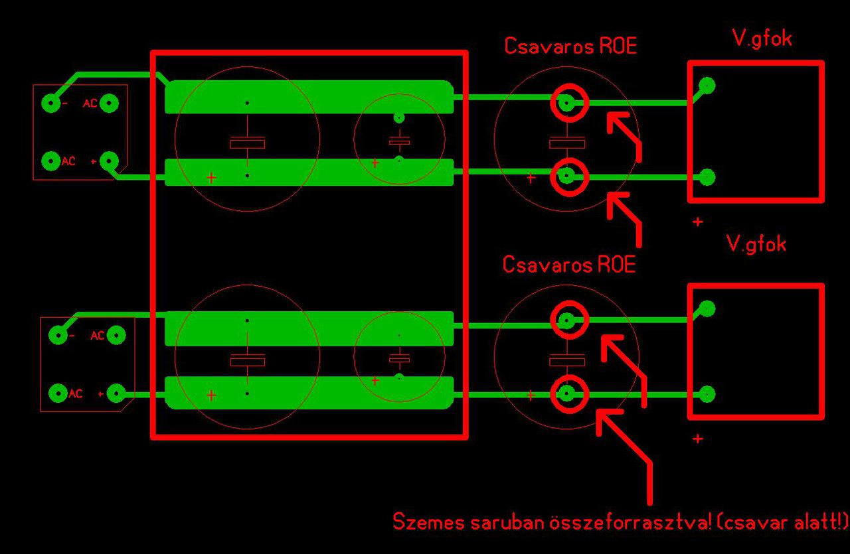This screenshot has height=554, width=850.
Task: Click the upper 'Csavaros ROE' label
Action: (x=570, y=46)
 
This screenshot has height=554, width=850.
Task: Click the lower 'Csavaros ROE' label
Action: (x=569, y=265)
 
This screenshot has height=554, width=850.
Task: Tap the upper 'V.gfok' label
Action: (x=762, y=38)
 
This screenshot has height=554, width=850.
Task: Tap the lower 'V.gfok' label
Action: (x=756, y=244)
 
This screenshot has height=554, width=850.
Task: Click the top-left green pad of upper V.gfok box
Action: (x=707, y=85)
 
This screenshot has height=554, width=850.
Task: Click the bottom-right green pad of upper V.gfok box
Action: (x=707, y=177)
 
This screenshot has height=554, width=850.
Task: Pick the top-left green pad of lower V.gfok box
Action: (x=707, y=309)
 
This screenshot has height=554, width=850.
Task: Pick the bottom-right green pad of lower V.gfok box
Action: (x=707, y=394)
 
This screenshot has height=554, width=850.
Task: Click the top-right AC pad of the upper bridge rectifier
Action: (x=110, y=104)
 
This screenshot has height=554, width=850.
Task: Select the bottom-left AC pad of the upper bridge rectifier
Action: (x=51, y=161)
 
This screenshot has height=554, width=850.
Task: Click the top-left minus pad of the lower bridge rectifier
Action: (x=58, y=336)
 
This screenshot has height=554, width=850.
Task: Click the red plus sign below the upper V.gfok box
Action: (x=697, y=222)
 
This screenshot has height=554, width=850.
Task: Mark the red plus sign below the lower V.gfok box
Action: (x=697, y=439)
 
